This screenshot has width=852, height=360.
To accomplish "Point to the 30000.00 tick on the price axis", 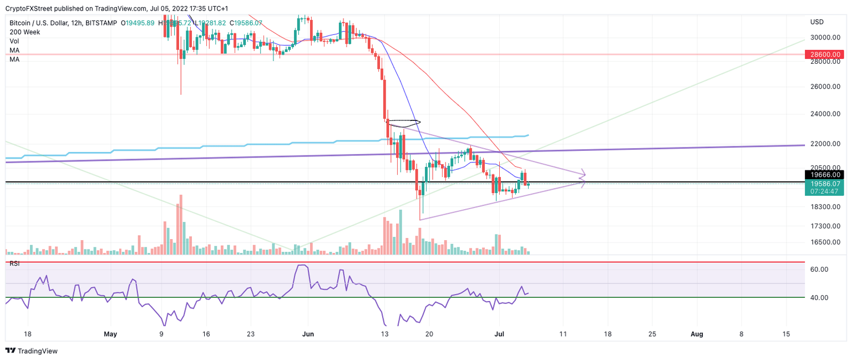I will coord(823,38).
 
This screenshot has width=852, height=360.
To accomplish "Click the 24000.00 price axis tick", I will coord(823,114).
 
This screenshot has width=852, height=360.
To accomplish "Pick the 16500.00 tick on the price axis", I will coord(823,242).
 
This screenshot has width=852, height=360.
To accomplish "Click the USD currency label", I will coord(817,22).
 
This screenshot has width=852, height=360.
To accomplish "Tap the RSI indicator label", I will coord(14,263).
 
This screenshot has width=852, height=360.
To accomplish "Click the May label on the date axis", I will coord(111,334).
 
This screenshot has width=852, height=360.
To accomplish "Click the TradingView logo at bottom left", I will coord(32,351).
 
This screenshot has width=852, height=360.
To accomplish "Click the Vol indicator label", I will coord(14,41).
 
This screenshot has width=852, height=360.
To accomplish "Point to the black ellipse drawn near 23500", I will coord(404,123).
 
